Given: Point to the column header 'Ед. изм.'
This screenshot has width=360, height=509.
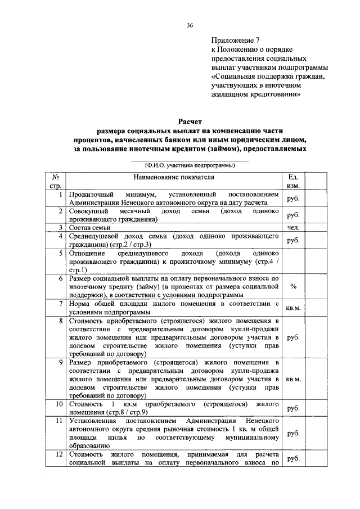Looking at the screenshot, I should (293, 181).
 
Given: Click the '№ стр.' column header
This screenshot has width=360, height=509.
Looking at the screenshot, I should (56, 181).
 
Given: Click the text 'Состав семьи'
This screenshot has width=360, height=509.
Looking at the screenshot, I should (89, 227).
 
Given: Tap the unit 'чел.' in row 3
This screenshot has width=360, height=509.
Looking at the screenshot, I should (293, 227).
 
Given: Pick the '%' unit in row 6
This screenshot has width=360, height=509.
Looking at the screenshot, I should (293, 286).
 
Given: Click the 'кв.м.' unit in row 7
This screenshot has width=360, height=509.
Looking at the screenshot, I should (293, 308).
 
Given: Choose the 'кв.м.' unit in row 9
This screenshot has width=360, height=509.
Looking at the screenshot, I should (293, 379).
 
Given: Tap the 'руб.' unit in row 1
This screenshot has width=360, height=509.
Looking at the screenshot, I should (293, 199).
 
